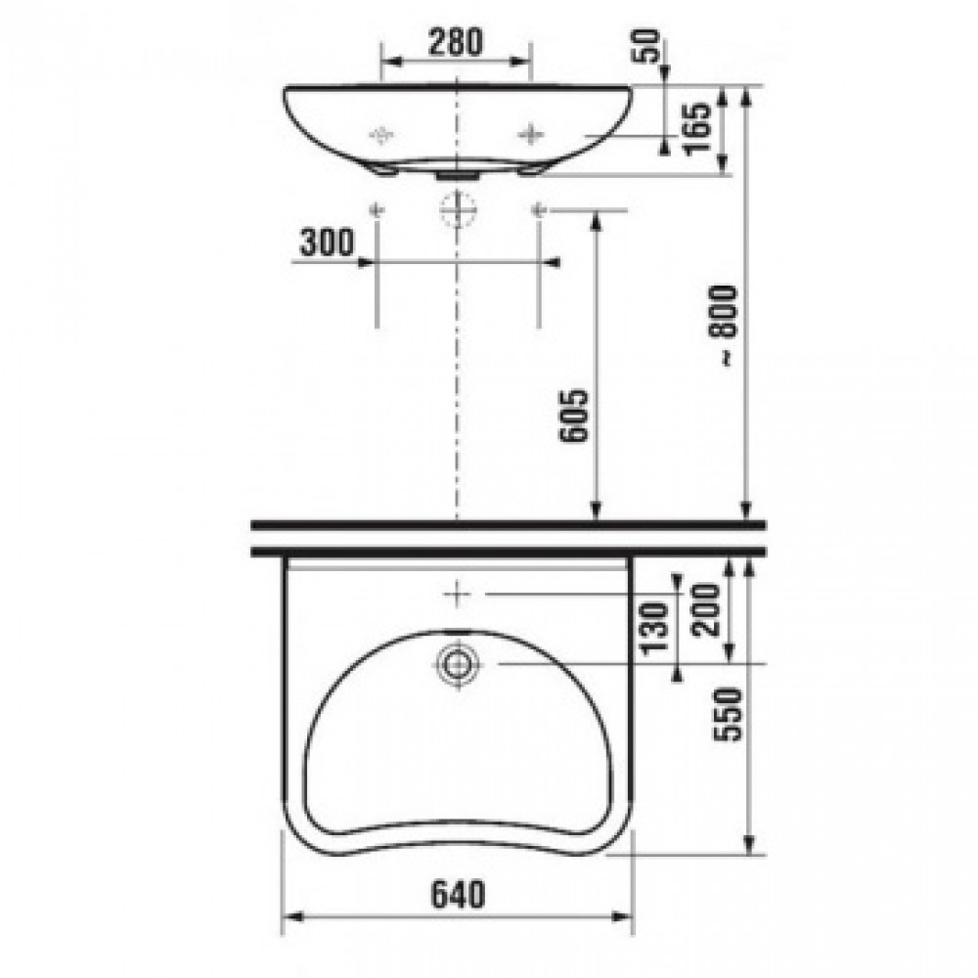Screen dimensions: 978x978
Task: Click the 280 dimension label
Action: tap(456, 42)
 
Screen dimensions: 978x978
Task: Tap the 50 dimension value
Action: tap(648, 46)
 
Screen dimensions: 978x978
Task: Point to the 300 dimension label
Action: tap(327, 242)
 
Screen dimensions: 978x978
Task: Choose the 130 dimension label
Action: tap(654, 627)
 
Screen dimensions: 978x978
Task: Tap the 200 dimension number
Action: tap(707, 609)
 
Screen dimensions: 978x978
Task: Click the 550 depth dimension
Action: tap(728, 714)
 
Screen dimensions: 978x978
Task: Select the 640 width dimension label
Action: tap(458, 895)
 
